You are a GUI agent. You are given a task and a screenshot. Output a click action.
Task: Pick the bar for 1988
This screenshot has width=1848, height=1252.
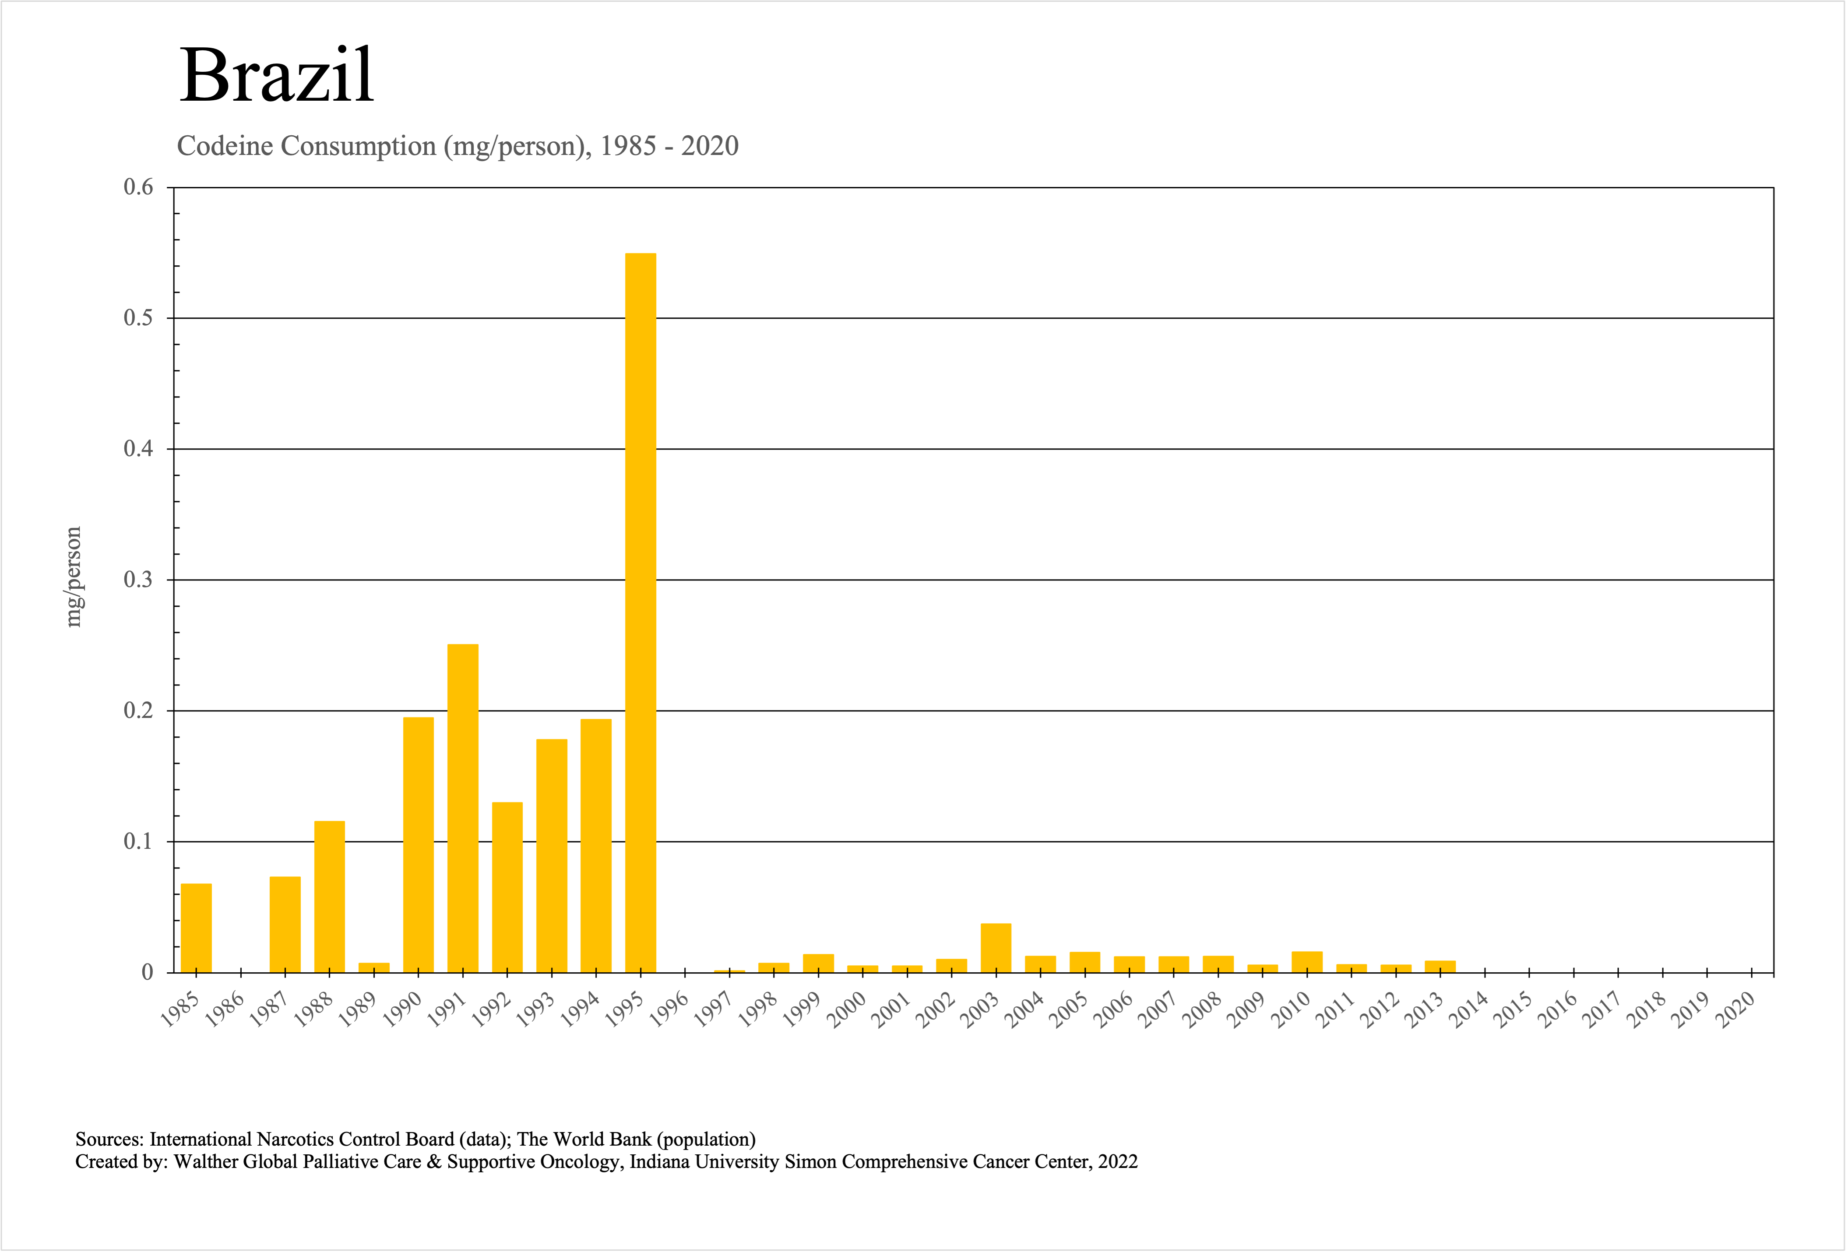[x=329, y=897]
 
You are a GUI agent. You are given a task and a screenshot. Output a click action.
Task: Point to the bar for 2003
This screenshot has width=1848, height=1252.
[x=996, y=948]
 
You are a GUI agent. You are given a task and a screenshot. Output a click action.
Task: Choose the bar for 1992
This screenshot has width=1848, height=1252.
[x=507, y=887]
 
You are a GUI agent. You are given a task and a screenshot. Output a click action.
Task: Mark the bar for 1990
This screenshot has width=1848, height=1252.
[x=418, y=844]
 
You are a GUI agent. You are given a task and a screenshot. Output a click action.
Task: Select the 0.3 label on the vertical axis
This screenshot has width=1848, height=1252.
[x=138, y=580]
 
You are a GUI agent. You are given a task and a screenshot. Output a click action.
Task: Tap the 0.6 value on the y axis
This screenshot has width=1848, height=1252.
[x=138, y=188]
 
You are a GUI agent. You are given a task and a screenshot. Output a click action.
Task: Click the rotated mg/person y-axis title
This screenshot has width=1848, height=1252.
[x=73, y=577]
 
